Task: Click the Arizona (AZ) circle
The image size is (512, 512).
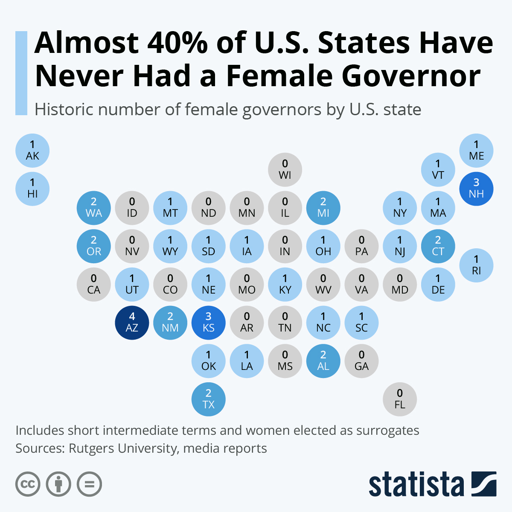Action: coord(132,323)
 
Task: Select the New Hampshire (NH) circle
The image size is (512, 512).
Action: coord(476,189)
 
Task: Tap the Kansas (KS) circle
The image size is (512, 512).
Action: coord(208,323)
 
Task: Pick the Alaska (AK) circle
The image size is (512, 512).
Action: coord(32,151)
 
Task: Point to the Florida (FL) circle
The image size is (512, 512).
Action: coord(399,399)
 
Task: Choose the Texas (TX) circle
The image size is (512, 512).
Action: coord(208,399)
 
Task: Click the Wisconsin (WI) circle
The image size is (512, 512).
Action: coord(285,170)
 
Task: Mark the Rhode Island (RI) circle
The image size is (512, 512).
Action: coord(476,265)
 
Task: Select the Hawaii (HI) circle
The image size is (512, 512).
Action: coord(32,189)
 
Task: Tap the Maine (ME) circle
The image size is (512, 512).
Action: coord(476,151)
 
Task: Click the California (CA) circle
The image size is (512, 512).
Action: coord(94,285)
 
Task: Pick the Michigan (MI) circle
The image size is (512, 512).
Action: coord(323,208)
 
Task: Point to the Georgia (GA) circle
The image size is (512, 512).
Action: coord(361,361)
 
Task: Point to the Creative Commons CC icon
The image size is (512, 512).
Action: coord(28,484)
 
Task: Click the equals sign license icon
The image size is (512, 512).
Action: coord(89,484)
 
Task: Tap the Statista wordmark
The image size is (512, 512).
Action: coord(416,484)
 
